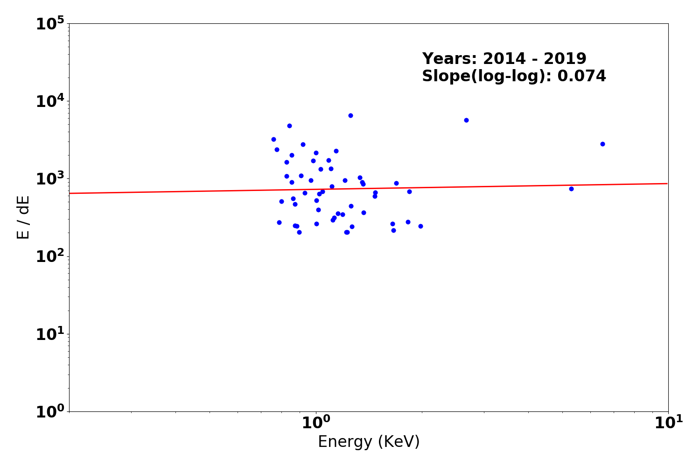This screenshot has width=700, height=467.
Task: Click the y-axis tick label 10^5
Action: coord(50,24)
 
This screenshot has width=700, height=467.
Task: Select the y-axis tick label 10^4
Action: coord(50,102)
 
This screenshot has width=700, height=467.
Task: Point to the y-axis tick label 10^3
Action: coord(50,179)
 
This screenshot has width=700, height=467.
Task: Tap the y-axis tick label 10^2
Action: coord(50,257)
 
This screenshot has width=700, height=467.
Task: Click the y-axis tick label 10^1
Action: coord(50,334)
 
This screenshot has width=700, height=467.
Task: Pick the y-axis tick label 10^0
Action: coord(50,412)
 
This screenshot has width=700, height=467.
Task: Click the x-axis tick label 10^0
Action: coord(316,423)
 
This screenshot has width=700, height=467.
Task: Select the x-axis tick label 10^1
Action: coord(668,423)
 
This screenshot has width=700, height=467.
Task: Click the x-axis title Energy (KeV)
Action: coord(369,442)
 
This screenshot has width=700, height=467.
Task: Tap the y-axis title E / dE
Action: coord(23,217)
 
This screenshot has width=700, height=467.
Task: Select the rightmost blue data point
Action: coord(602,144)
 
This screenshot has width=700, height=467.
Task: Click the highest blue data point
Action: coord(350,115)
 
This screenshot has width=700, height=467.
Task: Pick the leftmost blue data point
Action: coord(273,139)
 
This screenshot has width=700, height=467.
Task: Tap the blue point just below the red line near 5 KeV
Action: coord(571,189)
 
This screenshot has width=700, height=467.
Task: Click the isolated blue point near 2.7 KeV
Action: coord(466,120)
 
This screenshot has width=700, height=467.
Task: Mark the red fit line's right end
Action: coord(667,184)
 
